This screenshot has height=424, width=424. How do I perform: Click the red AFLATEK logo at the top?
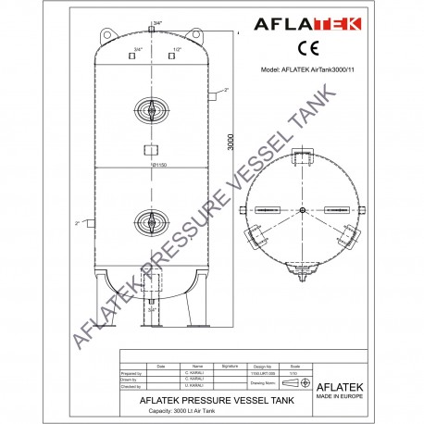309,25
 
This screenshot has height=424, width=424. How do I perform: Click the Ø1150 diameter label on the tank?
150,165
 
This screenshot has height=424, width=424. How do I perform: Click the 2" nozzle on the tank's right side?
213,94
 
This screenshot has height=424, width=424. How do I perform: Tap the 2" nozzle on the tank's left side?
90,223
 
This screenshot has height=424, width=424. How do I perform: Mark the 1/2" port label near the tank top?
176,48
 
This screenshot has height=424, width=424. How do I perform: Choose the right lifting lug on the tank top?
195,34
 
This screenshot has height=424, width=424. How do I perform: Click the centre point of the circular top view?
303,211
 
